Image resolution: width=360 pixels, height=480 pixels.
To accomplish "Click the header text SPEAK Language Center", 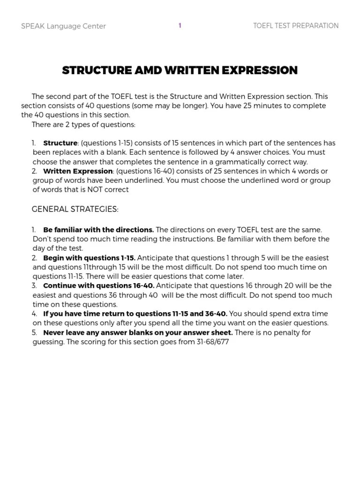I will (63, 26).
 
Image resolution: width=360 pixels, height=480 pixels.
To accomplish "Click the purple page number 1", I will (180, 26).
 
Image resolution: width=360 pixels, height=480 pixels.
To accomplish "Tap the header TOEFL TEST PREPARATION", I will (295, 26).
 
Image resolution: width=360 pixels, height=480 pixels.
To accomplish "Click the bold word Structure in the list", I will (60, 143).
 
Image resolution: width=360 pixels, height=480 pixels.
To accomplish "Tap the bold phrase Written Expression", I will (78, 171).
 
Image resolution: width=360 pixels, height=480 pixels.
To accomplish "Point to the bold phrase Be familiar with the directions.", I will (98, 230).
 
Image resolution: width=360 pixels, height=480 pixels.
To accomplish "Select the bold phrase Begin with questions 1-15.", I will (89, 258).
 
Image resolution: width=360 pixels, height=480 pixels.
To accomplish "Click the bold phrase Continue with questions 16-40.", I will (99, 285).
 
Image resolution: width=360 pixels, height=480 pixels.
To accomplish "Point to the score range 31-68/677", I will (210, 342).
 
